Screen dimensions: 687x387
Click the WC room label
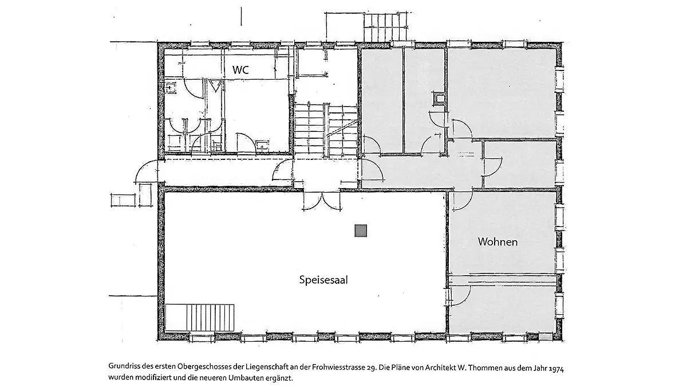click(240, 70)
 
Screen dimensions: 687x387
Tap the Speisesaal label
click(323, 280)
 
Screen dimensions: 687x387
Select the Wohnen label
click(498, 242)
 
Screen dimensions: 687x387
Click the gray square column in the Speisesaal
click(361, 230)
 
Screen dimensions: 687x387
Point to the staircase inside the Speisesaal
click(200, 318)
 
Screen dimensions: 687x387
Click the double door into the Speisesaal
click(322, 201)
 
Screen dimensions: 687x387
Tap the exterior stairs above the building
click(386, 28)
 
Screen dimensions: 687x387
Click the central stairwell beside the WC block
click(326, 130)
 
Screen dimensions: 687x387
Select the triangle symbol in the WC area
click(215, 85)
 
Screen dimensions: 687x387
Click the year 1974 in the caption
click(556, 369)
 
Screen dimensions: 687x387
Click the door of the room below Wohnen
click(460, 295)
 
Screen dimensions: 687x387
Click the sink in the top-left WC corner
click(170, 87)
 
